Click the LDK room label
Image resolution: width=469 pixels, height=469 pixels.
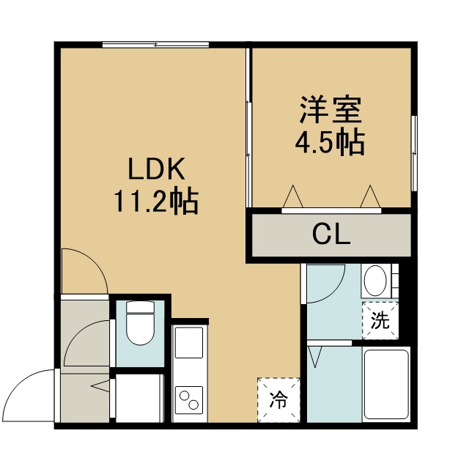coord(156,169)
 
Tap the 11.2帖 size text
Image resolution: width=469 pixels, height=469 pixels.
coord(156,201)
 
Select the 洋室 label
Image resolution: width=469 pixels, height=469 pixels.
coord(330,109)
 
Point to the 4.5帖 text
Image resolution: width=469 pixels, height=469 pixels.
coord(330,143)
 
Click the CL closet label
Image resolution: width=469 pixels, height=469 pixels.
coord(331,234)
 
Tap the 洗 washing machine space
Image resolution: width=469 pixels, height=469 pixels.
coord(380,321)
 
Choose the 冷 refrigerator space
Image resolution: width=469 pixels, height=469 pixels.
coord(278,400)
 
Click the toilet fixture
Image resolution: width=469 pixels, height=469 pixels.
coord(140,322)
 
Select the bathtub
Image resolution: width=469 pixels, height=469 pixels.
coord(386,384)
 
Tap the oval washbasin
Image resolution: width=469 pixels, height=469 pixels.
coord(376,281)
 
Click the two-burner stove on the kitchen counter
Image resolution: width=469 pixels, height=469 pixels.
coord(189,401)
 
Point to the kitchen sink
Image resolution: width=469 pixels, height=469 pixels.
coord(189,343)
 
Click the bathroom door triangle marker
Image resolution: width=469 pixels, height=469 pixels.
coord(315,357)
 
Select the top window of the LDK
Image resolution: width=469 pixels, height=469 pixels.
coord(155,45)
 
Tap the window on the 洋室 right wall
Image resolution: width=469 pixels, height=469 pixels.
coord(414,153)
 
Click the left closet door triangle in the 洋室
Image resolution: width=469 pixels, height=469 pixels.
coord(293,196)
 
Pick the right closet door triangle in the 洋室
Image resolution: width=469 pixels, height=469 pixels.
coord(370,196)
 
